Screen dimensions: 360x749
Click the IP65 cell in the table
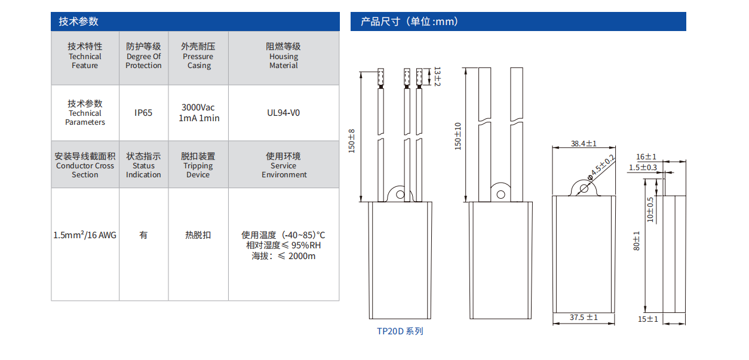143,113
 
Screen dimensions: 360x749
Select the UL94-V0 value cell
284,113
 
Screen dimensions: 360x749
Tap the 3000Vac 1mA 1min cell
199,113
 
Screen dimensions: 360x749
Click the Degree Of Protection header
143,56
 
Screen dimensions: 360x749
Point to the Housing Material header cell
284,56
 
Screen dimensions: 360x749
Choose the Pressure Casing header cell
198,56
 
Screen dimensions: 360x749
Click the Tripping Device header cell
198,165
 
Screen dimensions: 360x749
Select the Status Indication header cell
143,165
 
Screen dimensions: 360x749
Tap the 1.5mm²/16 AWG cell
85,235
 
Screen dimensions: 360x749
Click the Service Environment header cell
284,165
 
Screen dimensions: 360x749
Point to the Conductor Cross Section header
85,165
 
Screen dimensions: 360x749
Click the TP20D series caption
400,331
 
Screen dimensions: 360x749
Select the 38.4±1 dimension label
584,144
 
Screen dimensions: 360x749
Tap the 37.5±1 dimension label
584,318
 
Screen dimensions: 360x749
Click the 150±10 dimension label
458,136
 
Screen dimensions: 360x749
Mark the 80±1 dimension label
637,241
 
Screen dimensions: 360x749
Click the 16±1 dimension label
646,156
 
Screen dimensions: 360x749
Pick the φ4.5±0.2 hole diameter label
603,166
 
